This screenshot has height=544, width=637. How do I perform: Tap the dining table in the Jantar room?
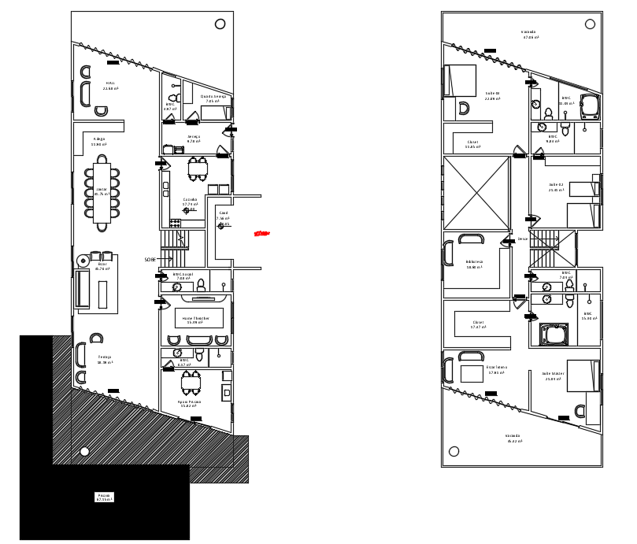102,192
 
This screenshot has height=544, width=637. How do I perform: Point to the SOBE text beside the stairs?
150,259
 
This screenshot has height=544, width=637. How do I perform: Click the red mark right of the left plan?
262,233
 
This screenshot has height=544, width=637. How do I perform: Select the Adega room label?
98,141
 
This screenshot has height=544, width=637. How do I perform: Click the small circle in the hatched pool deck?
84,451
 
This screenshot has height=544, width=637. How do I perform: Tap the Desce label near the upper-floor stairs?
522,239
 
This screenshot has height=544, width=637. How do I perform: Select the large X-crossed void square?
476,193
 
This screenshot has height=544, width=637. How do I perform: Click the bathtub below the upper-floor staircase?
554,334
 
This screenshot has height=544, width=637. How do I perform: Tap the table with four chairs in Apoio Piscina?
191,383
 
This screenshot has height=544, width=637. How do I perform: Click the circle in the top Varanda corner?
590,24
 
